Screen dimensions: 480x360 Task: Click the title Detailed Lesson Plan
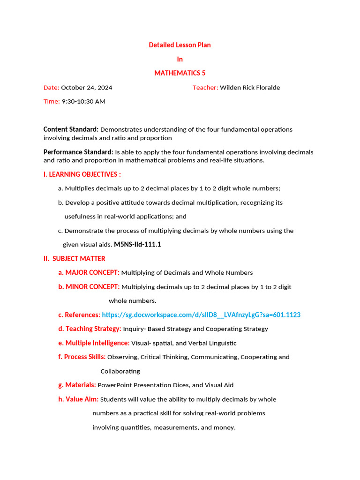click(x=180, y=45)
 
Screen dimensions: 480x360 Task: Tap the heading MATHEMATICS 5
click(x=180, y=73)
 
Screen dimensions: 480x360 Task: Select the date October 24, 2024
click(x=87, y=88)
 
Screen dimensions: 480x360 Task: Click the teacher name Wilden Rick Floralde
click(x=250, y=88)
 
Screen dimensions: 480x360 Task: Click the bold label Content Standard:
click(x=71, y=129)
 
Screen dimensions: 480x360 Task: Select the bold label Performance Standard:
click(x=78, y=152)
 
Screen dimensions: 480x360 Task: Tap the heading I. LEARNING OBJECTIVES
click(x=82, y=174)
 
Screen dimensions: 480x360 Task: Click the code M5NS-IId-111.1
click(x=137, y=245)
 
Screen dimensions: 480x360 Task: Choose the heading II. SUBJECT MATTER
click(x=74, y=259)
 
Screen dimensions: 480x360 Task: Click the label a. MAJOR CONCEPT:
click(x=89, y=273)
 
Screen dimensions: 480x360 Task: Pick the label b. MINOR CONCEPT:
click(x=89, y=287)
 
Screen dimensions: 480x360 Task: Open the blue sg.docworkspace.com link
click(x=201, y=315)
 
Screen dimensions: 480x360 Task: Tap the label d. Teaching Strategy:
click(x=90, y=329)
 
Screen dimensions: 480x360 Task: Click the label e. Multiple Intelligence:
click(x=94, y=343)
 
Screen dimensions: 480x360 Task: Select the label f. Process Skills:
click(x=82, y=357)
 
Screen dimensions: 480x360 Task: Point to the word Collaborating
click(x=120, y=371)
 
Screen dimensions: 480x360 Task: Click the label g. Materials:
click(x=77, y=385)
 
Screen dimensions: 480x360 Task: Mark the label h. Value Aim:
click(x=78, y=399)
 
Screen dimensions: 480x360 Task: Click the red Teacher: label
click(x=205, y=88)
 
